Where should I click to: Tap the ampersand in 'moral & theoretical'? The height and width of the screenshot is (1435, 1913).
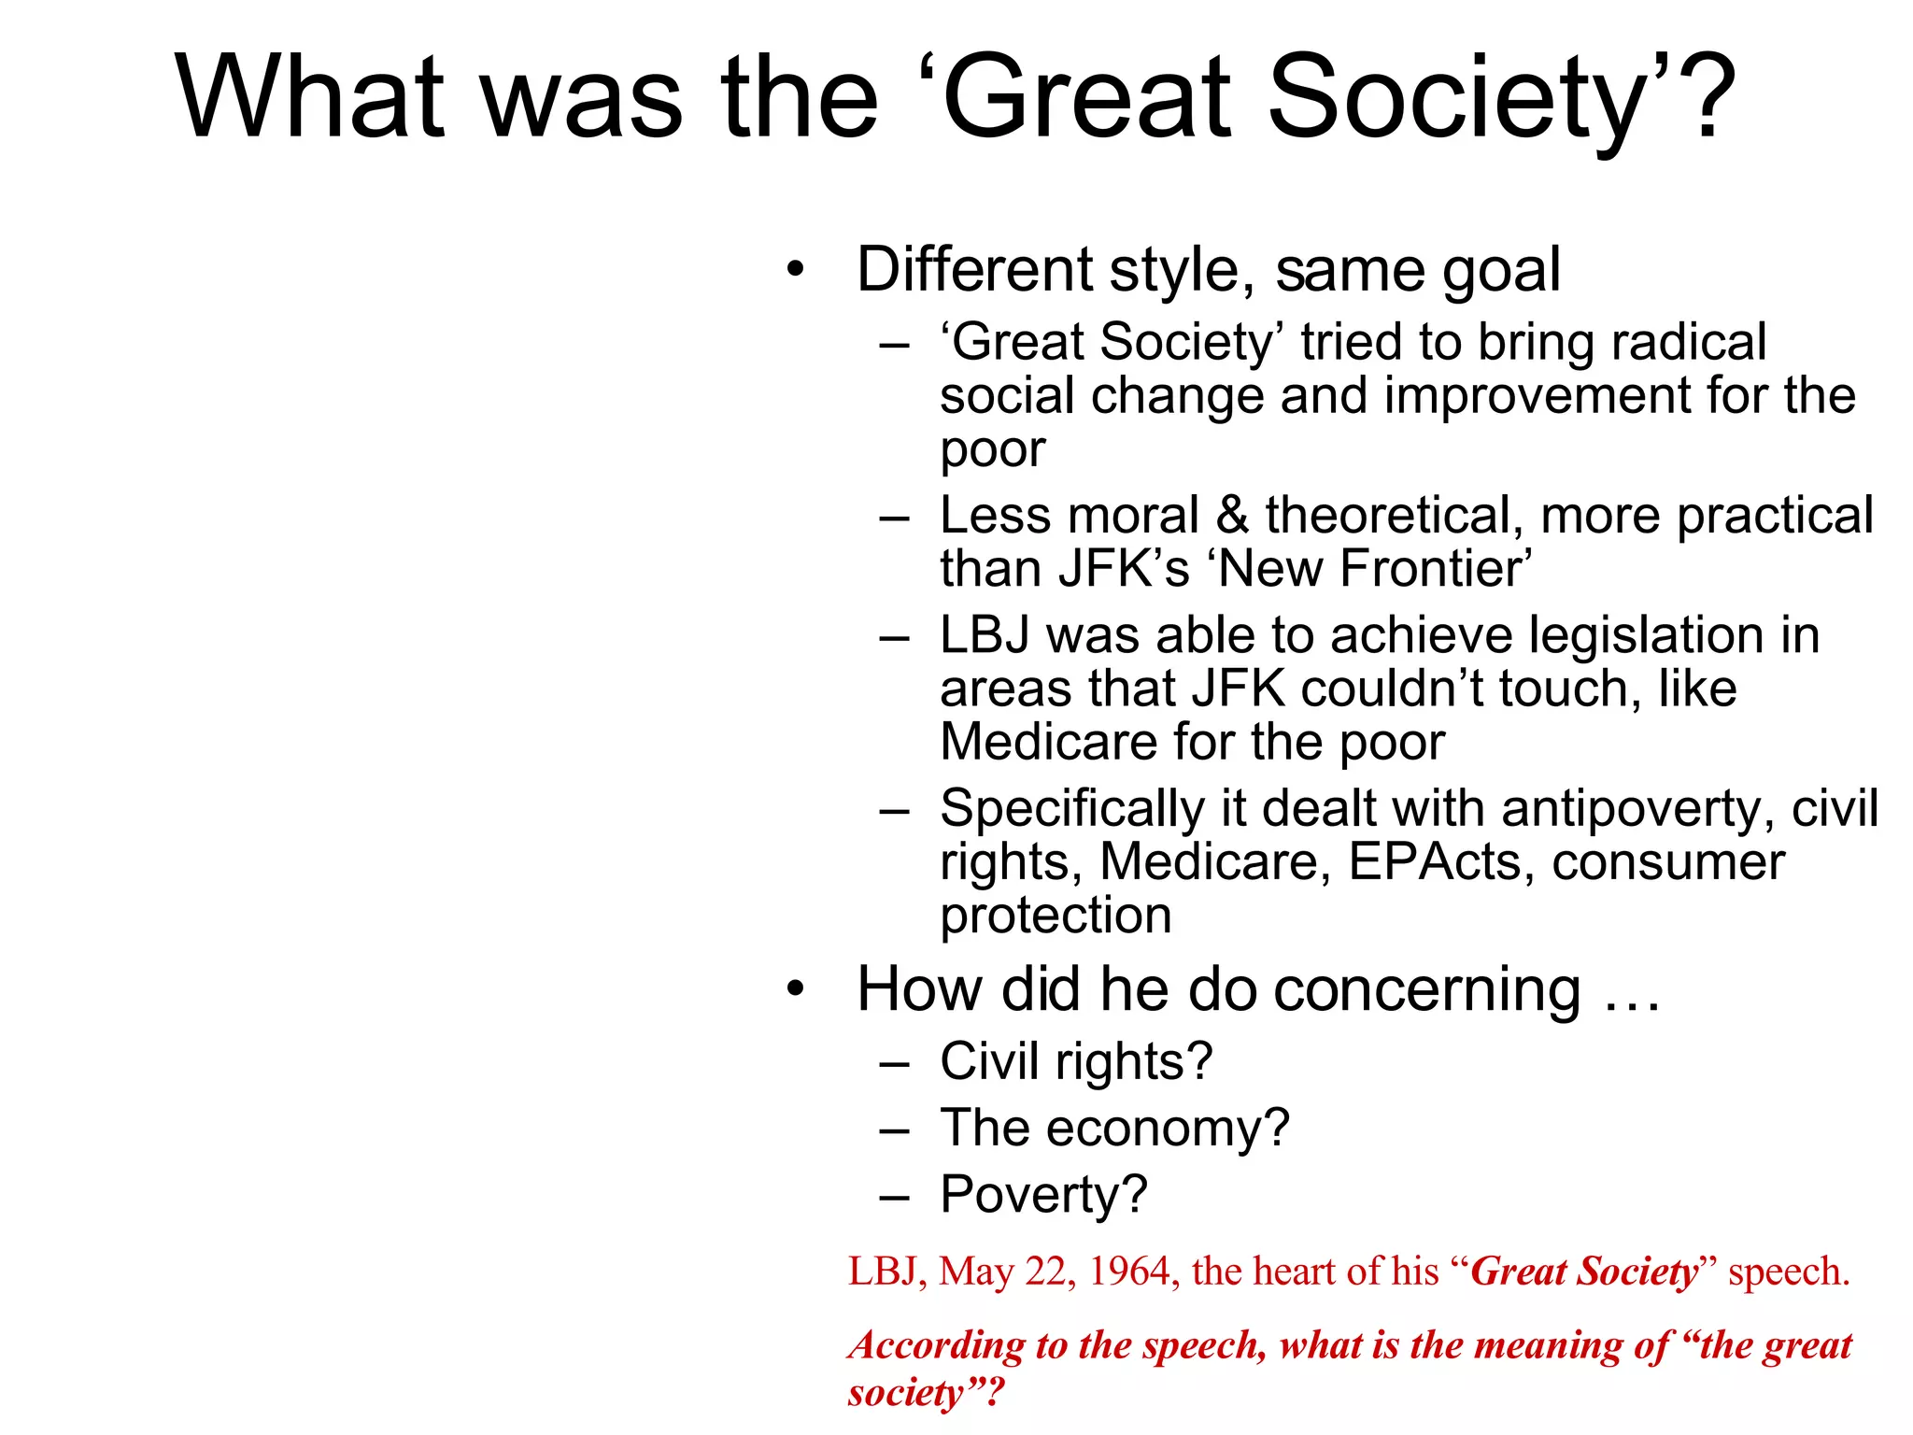click(1232, 516)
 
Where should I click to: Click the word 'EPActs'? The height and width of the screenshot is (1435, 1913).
click(1435, 861)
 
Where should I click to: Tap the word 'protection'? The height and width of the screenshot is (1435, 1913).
click(1056, 915)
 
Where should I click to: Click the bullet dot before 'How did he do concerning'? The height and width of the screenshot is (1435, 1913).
click(795, 990)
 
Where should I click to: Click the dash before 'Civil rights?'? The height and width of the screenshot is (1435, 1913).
click(894, 1064)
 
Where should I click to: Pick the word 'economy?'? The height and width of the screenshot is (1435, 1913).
click(1168, 1129)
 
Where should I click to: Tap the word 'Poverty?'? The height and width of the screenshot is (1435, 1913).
click(1043, 1195)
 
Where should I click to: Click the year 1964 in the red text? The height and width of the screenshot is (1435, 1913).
click(1131, 1272)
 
